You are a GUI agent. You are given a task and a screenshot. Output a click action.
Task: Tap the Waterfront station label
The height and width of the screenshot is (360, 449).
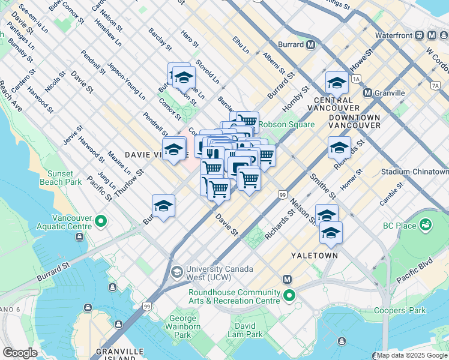(394, 35)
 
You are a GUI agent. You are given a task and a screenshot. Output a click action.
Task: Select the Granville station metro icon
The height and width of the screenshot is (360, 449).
(369, 93)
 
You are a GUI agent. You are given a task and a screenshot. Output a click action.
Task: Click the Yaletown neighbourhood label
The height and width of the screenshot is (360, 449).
(315, 255)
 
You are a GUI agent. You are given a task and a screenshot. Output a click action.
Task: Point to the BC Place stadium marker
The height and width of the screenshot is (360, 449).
(426, 225)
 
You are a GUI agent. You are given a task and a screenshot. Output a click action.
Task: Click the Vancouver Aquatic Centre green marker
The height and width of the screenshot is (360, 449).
(100, 222)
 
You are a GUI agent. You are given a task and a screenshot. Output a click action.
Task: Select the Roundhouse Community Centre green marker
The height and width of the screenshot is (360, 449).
(289, 296)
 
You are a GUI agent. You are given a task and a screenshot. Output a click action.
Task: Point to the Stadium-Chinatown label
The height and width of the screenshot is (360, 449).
(414, 171)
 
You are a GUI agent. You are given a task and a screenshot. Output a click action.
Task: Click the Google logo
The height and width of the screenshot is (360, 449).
(20, 353)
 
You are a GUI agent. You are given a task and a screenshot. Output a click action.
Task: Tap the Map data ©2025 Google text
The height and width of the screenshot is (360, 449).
(412, 356)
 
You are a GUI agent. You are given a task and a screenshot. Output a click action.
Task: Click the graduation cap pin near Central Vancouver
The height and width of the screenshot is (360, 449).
(337, 83)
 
